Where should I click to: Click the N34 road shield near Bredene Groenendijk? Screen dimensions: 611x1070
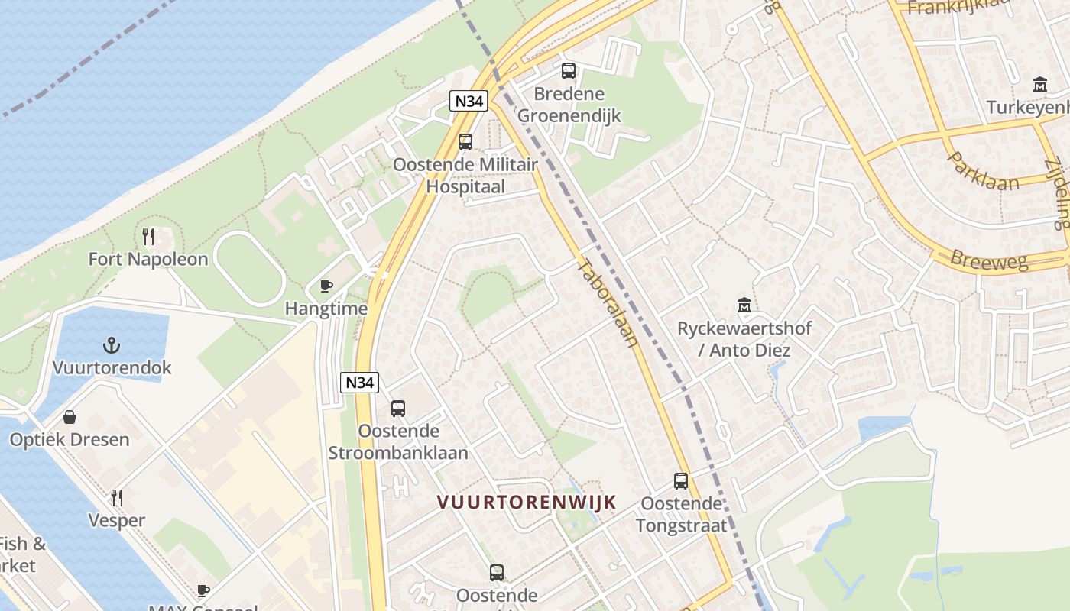coord(469,101)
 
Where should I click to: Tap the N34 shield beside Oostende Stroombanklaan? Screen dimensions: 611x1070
coord(359,382)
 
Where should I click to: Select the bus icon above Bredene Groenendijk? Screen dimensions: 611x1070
coord(569,71)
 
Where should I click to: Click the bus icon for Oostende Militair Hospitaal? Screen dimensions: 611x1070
coord(465,141)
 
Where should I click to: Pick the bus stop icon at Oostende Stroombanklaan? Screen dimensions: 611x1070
coord(398,408)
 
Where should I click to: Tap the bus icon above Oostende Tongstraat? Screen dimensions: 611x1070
coord(681,481)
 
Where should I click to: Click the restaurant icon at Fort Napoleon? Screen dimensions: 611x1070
coord(149,237)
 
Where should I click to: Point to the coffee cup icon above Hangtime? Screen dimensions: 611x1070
coord(326,286)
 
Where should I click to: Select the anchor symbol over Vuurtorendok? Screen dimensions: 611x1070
coord(112,345)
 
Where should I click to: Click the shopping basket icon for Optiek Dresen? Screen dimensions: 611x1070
coord(70,417)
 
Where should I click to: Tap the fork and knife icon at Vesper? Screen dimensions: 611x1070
coord(117,498)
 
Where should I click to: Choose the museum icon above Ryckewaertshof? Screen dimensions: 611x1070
coord(744,305)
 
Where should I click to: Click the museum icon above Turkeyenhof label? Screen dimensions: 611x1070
coord(1040,85)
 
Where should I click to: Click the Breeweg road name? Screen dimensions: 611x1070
coord(989,259)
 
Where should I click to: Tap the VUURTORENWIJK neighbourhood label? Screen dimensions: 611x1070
coord(527,502)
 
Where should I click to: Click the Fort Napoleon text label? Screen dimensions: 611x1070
coord(148,259)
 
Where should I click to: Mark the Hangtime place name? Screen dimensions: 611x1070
coord(326,309)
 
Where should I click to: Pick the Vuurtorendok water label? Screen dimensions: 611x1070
coord(112,367)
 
